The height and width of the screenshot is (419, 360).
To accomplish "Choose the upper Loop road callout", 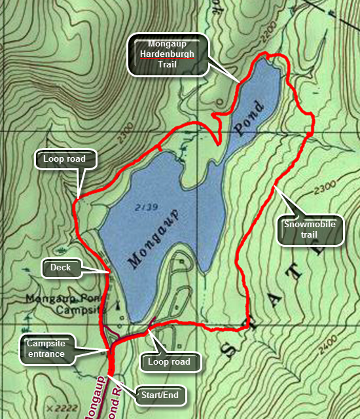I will click(60, 158).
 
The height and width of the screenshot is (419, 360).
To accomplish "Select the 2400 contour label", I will click(336, 341).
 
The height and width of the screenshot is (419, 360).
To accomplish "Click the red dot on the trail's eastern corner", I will click(308, 136).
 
